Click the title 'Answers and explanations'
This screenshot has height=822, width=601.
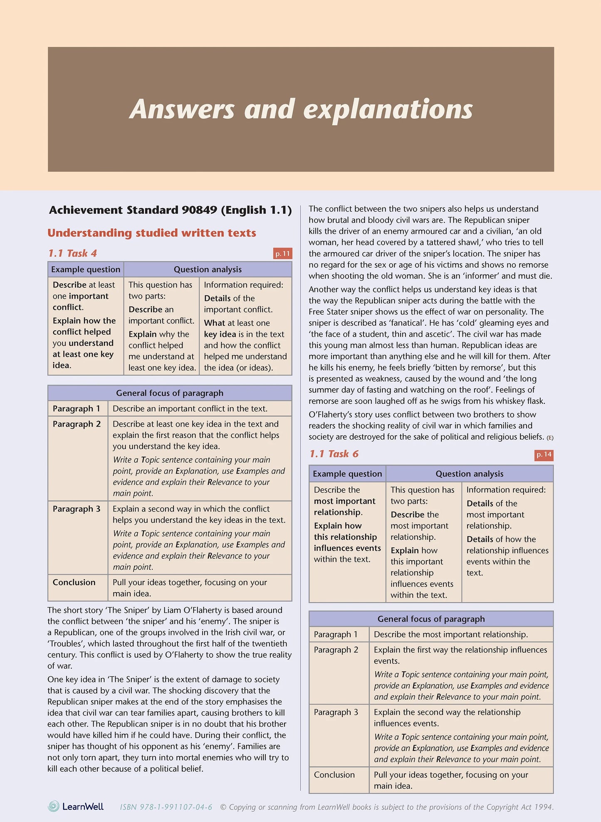pos(301,109)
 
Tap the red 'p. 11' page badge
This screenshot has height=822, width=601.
pos(282,254)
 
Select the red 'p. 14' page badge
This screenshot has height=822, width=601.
pos(544,454)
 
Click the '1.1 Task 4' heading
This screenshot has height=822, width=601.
pos(72,253)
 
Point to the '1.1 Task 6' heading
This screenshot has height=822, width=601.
pos(334,454)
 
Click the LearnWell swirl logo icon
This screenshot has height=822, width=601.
pos(53,806)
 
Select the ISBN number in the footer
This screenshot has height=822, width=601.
pos(166,807)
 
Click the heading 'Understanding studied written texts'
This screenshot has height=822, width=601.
pos(152,233)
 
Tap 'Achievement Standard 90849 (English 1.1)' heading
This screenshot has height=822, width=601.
pos(170,210)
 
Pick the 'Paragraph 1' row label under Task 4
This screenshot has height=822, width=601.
pos(77,408)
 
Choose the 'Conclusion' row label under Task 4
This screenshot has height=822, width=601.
pos(74,582)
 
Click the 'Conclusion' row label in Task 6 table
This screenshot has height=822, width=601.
pos(334,775)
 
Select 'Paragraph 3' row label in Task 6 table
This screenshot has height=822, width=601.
pos(336,712)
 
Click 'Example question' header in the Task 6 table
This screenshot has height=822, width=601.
pos(347,474)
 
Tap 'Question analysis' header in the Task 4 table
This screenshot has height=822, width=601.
pos(208,269)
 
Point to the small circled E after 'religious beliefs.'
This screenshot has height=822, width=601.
pos(550,437)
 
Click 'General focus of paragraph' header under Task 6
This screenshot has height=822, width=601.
pos(431,619)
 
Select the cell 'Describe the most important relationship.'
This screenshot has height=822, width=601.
pos(451,634)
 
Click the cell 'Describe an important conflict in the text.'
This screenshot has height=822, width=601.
pos(190,408)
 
